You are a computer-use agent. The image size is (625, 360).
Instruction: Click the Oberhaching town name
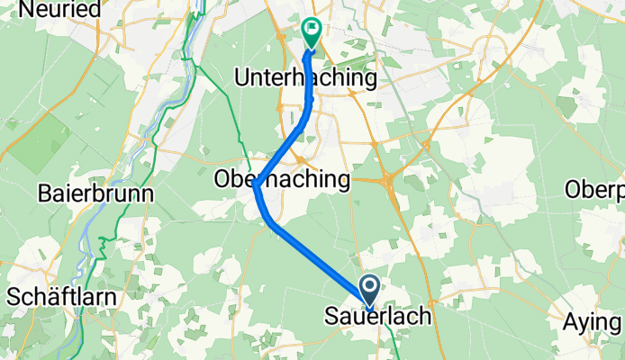tap(281, 180)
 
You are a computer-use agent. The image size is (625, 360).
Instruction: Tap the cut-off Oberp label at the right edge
tap(594, 191)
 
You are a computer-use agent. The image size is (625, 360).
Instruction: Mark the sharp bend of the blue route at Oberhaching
tap(257, 187)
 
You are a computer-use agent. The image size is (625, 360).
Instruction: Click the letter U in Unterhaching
tap(240, 79)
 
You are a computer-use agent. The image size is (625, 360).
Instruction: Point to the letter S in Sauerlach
tap(329, 318)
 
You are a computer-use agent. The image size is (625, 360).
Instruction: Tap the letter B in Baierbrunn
tap(45, 193)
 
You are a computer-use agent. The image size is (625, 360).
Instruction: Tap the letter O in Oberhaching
tap(221, 180)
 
